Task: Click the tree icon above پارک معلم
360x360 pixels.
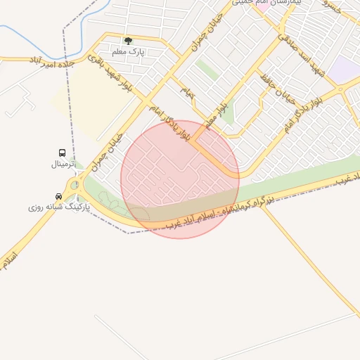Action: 127,41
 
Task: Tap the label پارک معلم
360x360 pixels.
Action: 128,51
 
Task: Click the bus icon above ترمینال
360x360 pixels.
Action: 63,153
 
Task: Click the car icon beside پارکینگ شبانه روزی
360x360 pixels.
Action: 58,196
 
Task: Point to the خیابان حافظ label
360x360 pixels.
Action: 275,75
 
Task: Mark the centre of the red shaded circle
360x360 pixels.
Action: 180,179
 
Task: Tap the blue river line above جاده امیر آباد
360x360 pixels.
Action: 28,32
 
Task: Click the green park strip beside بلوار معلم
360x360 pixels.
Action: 207,70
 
